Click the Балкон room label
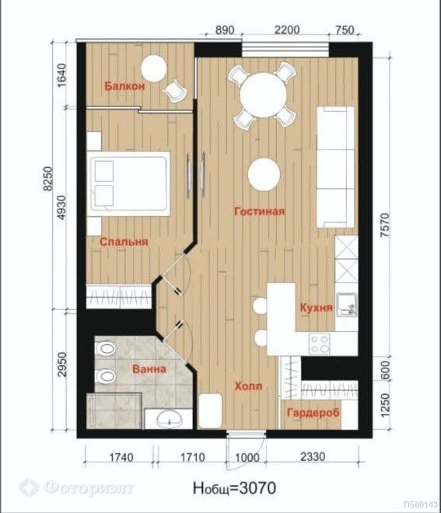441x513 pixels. coord(124,86)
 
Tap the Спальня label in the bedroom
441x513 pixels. coord(124,242)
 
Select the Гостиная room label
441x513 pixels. coord(260,211)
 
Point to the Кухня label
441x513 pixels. coord(317,308)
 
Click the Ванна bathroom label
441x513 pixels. coord(149,369)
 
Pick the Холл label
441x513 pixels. coord(248,386)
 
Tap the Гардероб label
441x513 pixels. coord(313,413)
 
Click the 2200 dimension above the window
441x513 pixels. coord(287,30)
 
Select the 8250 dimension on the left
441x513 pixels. coord(47,178)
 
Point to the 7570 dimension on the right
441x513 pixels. coord(386,225)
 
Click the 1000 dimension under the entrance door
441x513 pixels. coord(247,457)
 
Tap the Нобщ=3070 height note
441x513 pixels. coord(234,488)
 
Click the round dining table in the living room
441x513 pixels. coord(263,95)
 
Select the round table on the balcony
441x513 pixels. coord(154,68)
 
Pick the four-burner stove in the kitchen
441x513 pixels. coord(319,344)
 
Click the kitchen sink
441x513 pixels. coord(346,305)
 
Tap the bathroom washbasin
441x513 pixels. coord(170,419)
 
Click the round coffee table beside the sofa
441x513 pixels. coord(264,174)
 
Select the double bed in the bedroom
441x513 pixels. coord(128,183)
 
